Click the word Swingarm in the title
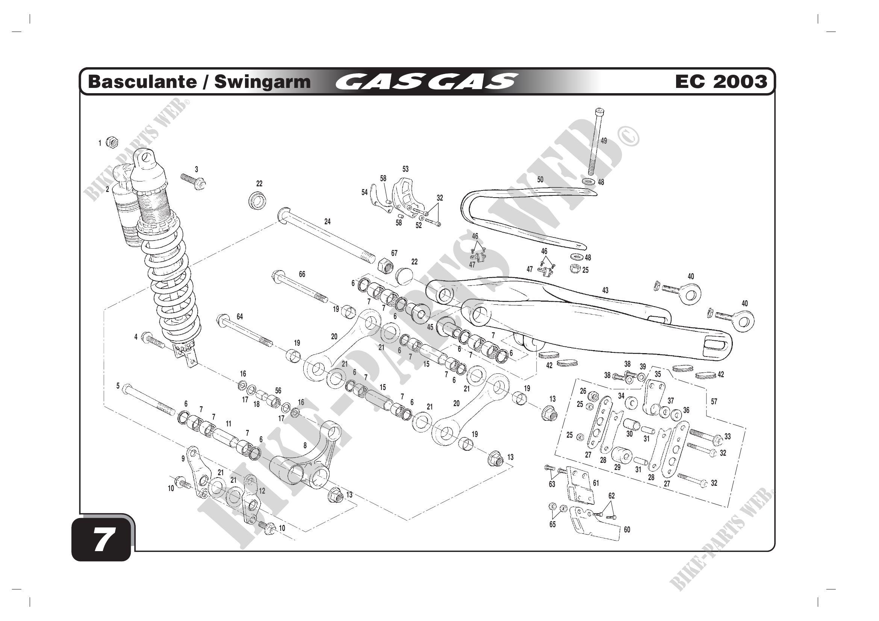tap(262, 82)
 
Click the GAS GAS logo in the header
tap(427, 81)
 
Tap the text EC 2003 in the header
tap(721, 82)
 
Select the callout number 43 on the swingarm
tap(605, 290)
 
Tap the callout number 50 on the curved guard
tap(540, 180)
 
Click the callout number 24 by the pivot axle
tap(327, 221)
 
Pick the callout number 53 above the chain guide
tap(405, 169)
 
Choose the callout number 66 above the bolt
tap(302, 274)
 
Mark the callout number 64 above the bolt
tap(240, 316)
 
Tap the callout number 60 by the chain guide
tap(627, 530)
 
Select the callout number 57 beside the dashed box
tap(714, 401)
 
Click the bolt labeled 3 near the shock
tap(193, 181)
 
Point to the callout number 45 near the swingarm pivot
tap(430, 327)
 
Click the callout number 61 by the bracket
tap(596, 483)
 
